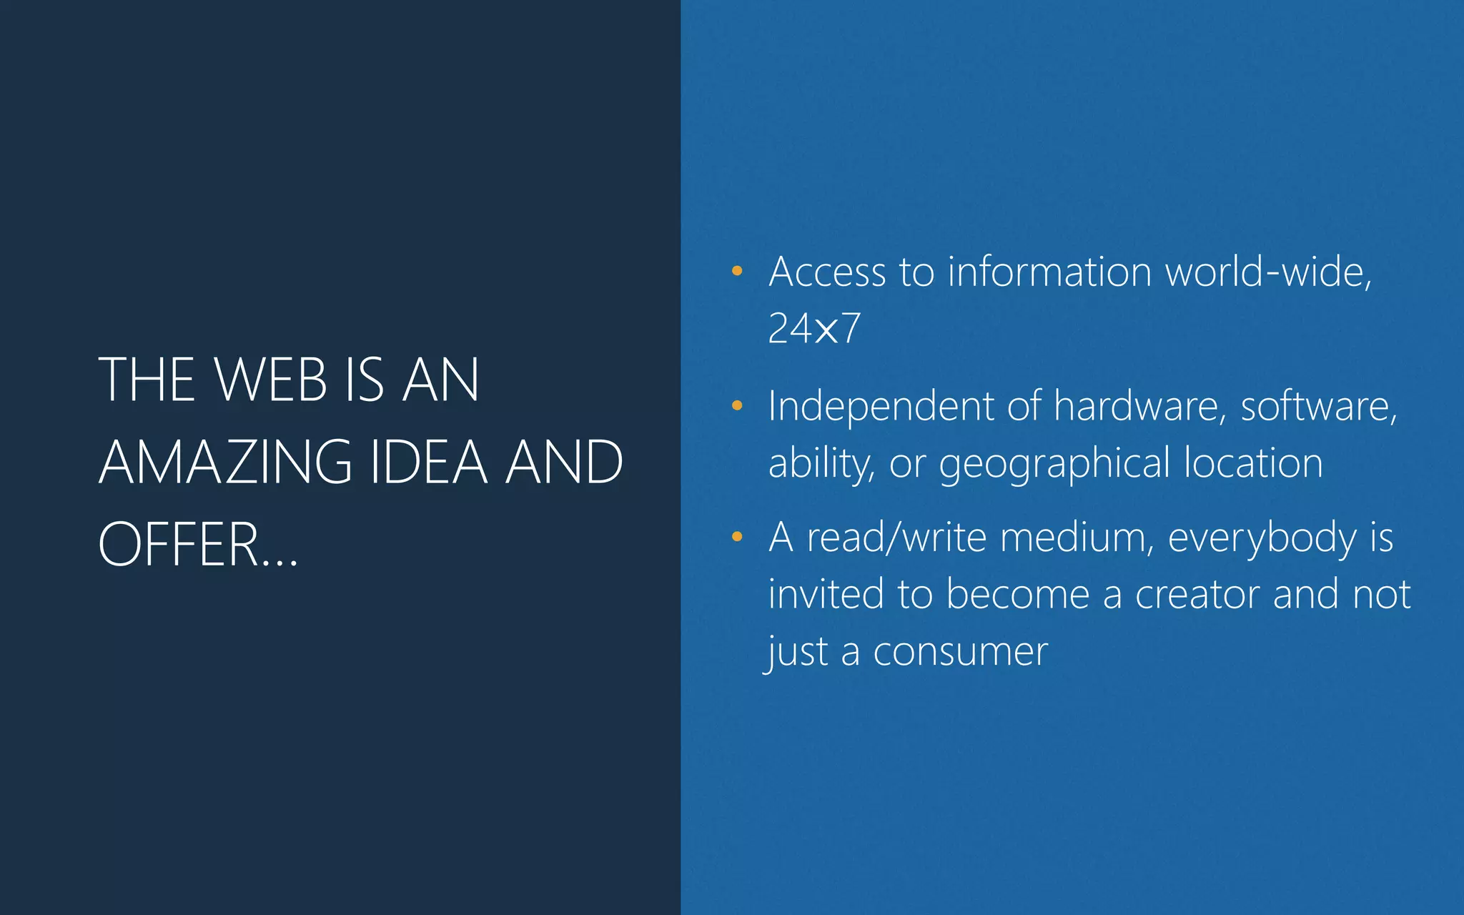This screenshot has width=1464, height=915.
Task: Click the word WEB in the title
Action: (271, 380)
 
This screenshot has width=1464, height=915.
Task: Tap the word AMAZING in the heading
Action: (225, 463)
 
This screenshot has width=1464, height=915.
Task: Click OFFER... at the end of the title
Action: (198, 545)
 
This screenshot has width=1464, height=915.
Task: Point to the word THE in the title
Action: (147, 380)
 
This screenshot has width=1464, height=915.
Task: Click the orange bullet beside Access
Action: (737, 272)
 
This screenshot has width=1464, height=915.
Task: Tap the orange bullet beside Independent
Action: (737, 406)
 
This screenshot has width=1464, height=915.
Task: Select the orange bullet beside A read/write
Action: (737, 537)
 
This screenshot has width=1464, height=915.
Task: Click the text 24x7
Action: (814, 329)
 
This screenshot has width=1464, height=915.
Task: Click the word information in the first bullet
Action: (1049, 272)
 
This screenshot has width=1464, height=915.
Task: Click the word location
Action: (1253, 463)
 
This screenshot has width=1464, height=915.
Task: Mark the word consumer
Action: (960, 652)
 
